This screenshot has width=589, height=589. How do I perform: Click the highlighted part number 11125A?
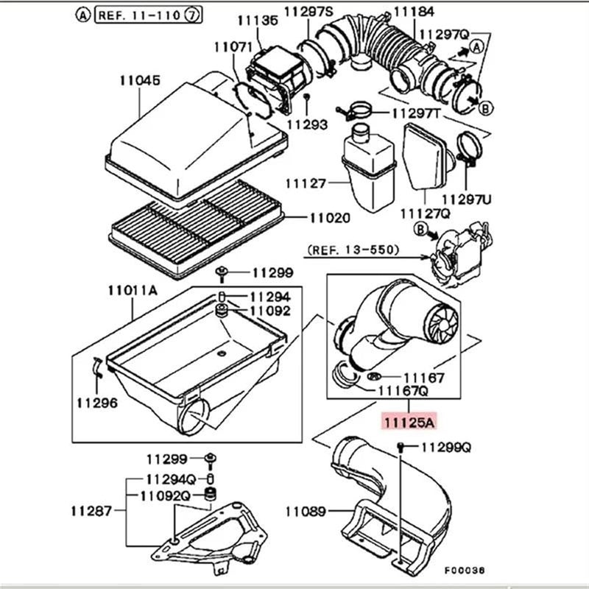coord(407,422)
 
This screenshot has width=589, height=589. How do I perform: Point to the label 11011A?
coord(133,289)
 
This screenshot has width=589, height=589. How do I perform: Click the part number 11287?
coord(91,509)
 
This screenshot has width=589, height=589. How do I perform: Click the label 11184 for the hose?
coord(415,11)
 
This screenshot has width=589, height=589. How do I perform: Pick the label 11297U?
coord(467,199)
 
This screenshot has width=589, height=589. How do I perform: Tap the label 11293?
coord(308,125)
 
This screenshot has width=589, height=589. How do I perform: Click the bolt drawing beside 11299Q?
coord(401,447)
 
